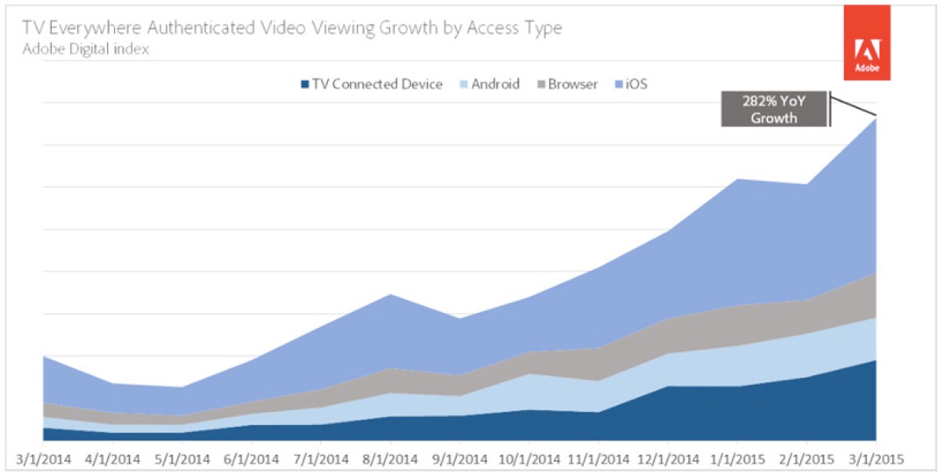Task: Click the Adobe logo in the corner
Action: click(868, 43)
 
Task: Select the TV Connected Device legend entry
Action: click(371, 84)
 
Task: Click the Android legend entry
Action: click(488, 84)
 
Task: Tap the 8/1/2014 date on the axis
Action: click(391, 457)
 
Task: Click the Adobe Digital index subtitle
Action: click(86, 49)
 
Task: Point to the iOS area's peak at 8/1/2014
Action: click(391, 294)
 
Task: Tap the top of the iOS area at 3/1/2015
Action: click(875, 119)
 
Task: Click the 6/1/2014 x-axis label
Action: click(253, 457)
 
